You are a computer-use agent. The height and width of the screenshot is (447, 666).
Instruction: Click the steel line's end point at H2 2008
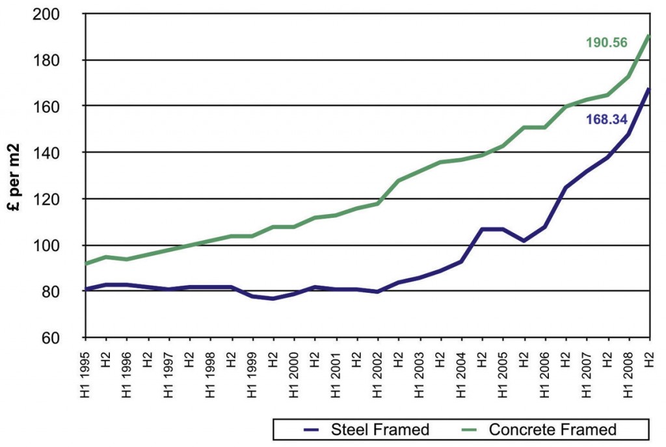point(649,88)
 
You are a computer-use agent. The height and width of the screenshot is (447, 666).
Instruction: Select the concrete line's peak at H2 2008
point(649,36)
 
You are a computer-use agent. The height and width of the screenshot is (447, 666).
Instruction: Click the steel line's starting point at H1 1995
point(86,289)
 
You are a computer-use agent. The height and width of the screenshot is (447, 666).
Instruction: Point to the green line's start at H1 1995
point(86,264)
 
